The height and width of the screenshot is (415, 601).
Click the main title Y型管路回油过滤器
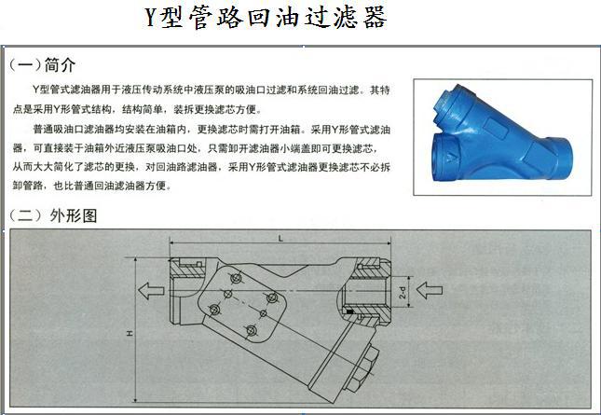(266, 18)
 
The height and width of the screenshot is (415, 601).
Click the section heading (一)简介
(42, 65)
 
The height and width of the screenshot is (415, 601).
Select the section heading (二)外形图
(53, 215)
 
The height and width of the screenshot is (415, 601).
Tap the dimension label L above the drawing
(280, 239)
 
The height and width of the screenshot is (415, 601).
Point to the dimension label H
(130, 333)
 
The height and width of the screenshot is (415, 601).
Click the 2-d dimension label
(403, 292)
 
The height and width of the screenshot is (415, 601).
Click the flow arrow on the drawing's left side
(151, 291)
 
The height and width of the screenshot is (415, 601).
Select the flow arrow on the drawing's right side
(430, 290)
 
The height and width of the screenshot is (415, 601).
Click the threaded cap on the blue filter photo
(449, 103)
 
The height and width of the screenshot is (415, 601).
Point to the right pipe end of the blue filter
(558, 158)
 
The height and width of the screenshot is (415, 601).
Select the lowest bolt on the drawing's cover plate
(251, 330)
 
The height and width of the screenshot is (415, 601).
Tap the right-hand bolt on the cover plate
(272, 297)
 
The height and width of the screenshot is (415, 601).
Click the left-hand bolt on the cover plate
(215, 309)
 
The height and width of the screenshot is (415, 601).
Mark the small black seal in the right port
(349, 311)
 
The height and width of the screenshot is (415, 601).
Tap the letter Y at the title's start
(151, 18)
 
